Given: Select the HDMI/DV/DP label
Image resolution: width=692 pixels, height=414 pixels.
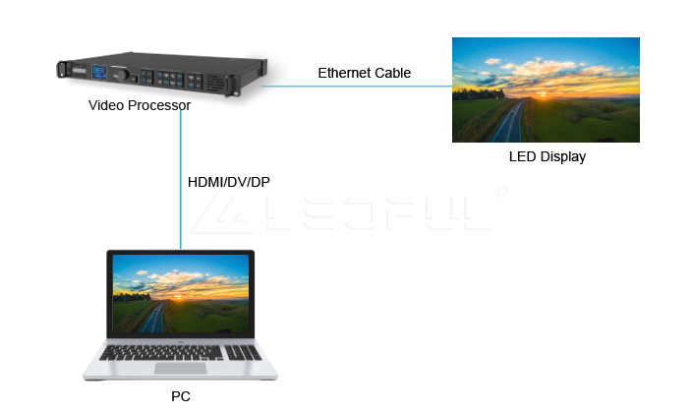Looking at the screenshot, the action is click(229, 182).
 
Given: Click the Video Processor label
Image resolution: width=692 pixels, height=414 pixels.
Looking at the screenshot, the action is click(140, 105).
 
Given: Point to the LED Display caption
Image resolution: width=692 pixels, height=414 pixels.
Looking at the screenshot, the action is click(548, 156).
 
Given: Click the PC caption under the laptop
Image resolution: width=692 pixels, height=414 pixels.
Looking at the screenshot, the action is click(181, 396).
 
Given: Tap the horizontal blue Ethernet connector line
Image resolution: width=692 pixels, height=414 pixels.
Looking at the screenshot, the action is click(357, 87).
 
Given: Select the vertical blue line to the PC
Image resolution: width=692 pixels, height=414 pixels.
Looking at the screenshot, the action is click(181, 179).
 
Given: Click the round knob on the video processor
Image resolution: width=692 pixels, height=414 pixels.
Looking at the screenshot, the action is click(123, 75).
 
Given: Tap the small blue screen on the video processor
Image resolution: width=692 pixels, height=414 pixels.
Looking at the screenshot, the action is click(99, 72).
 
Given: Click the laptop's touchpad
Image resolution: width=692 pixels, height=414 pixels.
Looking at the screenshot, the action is click(181, 368).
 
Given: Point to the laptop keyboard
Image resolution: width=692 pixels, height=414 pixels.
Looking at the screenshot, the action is click(180, 353).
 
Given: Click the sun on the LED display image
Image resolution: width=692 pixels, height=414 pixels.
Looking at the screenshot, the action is click(543, 94).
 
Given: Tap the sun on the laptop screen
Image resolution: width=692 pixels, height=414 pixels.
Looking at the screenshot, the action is click(179, 297).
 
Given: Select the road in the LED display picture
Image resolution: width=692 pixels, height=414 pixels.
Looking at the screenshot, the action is click(510, 121).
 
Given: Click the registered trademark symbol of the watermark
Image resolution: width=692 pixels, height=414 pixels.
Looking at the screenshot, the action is click(501, 192).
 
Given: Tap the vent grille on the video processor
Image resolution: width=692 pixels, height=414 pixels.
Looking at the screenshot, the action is click(216, 83).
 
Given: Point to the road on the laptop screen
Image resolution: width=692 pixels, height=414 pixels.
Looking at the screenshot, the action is click(155, 317).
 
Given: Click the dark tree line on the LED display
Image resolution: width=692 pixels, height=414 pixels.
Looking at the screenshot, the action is click(479, 94).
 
